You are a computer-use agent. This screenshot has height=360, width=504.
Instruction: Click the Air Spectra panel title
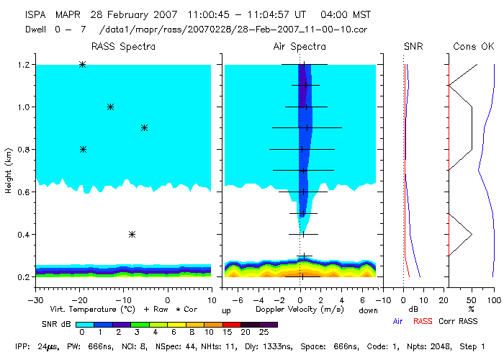tap(300, 47)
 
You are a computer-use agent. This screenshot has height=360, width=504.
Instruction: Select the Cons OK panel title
tap(474, 47)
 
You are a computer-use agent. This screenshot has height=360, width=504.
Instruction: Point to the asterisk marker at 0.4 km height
tap(132, 234)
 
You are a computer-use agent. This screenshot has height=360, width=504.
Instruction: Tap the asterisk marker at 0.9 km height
tap(145, 128)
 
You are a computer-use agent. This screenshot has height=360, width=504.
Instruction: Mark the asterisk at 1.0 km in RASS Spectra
tap(110, 107)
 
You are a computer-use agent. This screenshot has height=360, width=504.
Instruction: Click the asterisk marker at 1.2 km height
tap(82, 64)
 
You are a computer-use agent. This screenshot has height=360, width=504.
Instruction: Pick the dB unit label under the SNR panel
tap(413, 310)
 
